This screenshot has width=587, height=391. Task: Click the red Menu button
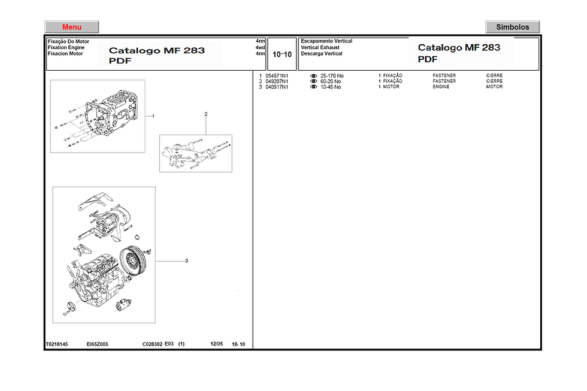[x=72, y=27]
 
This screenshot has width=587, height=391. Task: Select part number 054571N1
[x=276, y=75]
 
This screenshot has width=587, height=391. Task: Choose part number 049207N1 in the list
[x=276, y=81]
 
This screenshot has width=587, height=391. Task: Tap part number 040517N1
[x=276, y=87]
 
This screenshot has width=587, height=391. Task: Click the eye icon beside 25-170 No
[x=313, y=75]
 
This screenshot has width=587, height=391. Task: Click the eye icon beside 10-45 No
[x=313, y=87]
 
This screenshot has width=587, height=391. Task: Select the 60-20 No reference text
[x=331, y=81]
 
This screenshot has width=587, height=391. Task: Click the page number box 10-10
[x=282, y=54]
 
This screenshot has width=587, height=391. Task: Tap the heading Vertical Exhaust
[x=320, y=47]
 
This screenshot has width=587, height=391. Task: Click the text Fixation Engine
[x=66, y=47]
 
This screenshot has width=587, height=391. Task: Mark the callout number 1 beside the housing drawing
[x=153, y=116]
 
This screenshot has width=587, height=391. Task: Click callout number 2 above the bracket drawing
[x=205, y=114]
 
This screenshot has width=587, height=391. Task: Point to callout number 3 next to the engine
[x=186, y=260]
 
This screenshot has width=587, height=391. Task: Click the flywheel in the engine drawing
[x=132, y=259]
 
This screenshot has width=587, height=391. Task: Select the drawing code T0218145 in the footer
[x=57, y=344]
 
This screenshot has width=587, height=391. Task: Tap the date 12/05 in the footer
[x=216, y=344]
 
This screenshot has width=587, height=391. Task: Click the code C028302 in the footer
[x=152, y=344]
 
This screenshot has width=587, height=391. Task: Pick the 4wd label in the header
[x=260, y=47]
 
